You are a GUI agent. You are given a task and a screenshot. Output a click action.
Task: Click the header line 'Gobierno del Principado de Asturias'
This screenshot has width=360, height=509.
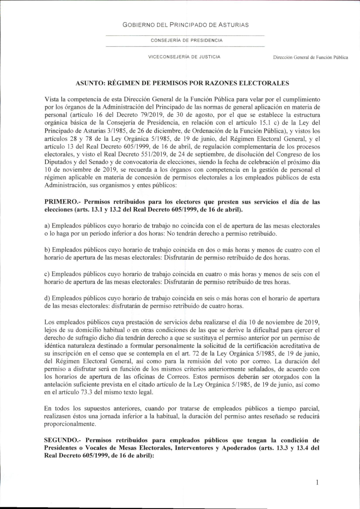click(185, 25)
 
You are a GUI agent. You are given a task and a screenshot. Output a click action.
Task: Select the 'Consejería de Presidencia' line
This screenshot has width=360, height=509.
click(186, 40)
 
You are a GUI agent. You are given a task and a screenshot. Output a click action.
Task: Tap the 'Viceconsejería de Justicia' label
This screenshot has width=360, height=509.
click(184, 57)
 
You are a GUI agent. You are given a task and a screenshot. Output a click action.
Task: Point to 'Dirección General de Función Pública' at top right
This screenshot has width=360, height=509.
click(310, 57)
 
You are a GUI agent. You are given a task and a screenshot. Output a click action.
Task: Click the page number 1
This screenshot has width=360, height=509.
click(317, 482)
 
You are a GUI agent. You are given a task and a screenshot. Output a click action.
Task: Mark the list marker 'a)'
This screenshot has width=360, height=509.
click(47, 226)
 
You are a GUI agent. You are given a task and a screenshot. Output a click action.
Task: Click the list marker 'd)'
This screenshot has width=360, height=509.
click(47, 298)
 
